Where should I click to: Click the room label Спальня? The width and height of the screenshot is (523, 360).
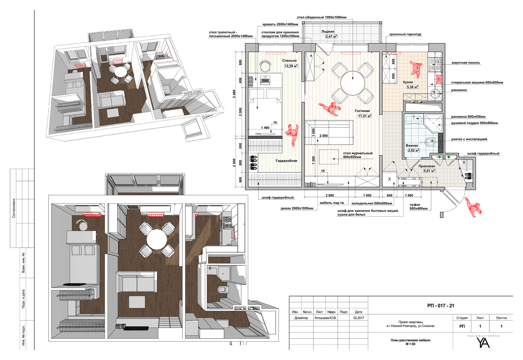[289, 61]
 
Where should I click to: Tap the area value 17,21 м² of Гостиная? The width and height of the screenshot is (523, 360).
[364, 116]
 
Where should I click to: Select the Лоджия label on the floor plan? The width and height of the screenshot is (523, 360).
[328, 31]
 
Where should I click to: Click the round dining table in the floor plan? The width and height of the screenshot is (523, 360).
[353, 83]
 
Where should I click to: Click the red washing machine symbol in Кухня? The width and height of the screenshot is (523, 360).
[439, 79]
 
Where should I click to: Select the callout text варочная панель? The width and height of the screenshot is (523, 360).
[465, 63]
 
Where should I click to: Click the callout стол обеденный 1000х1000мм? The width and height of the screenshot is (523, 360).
[322, 17]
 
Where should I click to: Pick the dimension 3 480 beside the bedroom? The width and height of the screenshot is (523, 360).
[234, 94]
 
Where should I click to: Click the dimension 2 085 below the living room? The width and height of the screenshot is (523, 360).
[330, 195]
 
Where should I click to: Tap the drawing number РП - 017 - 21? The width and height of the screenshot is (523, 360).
[441, 306]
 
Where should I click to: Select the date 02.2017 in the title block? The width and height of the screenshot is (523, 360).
[358, 318]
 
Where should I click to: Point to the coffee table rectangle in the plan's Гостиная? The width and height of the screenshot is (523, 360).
[329, 157]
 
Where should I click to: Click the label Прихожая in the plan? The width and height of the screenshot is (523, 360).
[427, 166]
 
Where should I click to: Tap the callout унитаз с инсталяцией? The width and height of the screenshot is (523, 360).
[469, 139]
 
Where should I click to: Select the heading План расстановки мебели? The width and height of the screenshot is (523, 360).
[411, 340]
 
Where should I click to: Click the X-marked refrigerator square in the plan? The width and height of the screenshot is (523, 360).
[389, 179]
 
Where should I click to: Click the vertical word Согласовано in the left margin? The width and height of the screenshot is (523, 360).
[13, 208]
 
